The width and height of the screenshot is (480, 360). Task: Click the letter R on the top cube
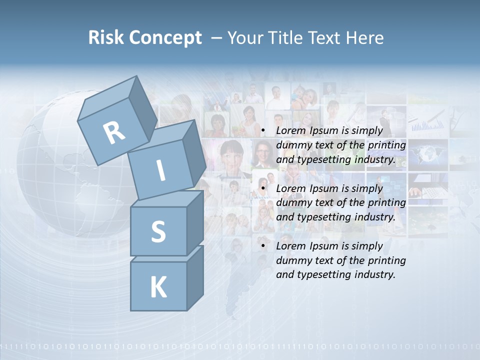pos(114,132)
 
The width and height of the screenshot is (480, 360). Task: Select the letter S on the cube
pos(158,231)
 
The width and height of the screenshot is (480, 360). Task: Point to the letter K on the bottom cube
pos(158,287)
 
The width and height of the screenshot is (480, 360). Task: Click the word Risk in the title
pos(107,38)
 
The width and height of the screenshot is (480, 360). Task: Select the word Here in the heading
pos(365,38)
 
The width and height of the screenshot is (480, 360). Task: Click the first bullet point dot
pos(263,131)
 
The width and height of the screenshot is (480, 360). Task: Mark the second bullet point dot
pos(263,188)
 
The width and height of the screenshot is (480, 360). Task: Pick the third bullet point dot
pos(263,246)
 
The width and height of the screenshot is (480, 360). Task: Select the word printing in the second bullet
pos(386,202)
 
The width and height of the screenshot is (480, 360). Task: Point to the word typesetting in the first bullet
pos(325,160)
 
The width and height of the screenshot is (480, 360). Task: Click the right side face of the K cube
pos(195,277)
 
